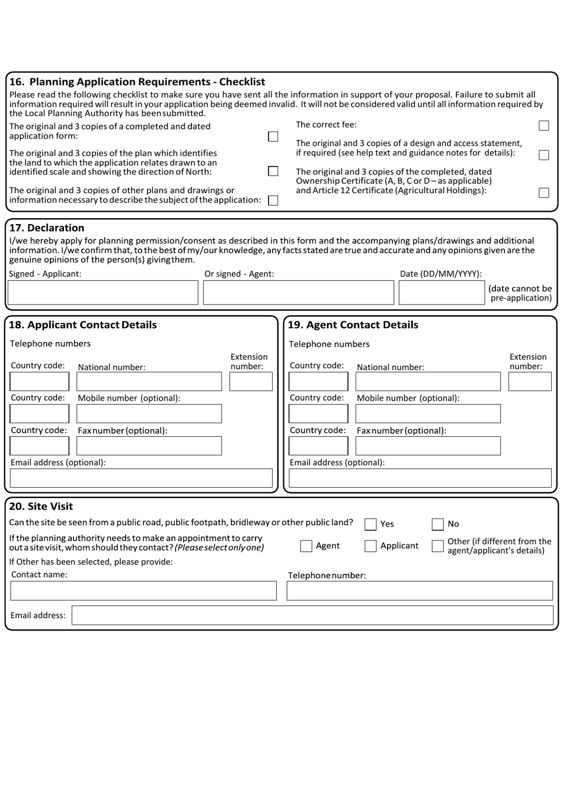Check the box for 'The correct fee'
click(x=543, y=126)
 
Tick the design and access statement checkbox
click(x=543, y=155)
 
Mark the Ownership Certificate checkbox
click(x=543, y=193)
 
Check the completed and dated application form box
click(x=273, y=137)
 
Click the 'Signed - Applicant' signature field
click(x=103, y=293)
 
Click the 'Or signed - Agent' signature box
click(x=298, y=293)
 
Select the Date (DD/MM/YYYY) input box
click(x=442, y=293)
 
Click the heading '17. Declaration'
click(x=47, y=228)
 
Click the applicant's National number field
click(x=149, y=382)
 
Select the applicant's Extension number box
click(x=251, y=382)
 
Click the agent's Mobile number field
click(x=428, y=414)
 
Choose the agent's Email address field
click(x=420, y=478)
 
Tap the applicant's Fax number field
click(x=149, y=446)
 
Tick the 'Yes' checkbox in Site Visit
click(x=370, y=524)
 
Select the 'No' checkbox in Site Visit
click(x=437, y=524)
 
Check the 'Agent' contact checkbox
click(x=306, y=546)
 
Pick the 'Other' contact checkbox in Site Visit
click(x=437, y=546)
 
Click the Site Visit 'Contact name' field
click(x=143, y=591)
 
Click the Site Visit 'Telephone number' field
click(x=420, y=591)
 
